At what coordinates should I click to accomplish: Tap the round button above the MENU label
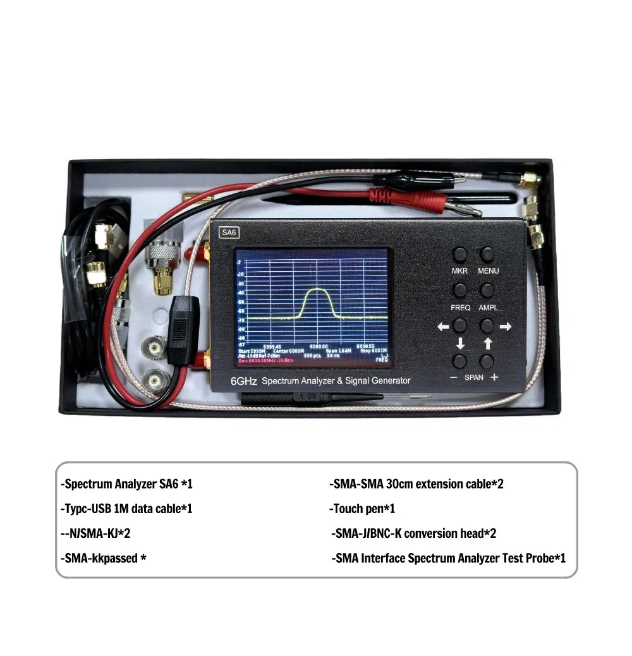click(487, 254)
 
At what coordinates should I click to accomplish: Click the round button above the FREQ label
click(460, 290)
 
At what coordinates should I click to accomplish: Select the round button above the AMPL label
click(487, 290)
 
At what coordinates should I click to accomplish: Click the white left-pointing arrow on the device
click(442, 327)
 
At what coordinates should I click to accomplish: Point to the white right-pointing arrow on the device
click(505, 327)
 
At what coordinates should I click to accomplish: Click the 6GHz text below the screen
click(243, 380)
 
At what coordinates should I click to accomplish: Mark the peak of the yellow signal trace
click(315, 290)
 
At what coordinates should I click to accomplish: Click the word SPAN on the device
click(474, 377)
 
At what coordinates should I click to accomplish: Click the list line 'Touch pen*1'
click(363, 509)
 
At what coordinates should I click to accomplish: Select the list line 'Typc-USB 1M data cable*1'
click(126, 509)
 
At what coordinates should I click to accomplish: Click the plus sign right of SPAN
click(494, 377)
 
